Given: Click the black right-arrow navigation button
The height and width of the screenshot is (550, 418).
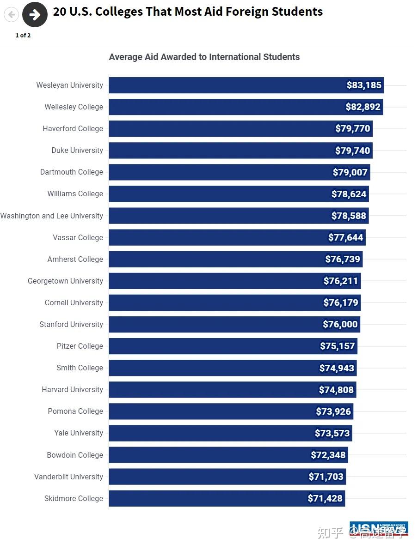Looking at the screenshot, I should (35, 14).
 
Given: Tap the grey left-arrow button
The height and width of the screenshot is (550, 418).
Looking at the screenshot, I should (11, 15).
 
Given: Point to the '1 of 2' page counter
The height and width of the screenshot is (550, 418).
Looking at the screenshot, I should (23, 36).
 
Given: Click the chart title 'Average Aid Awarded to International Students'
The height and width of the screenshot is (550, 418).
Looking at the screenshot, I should (204, 57).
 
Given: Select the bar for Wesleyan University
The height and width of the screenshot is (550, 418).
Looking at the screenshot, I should (227, 85).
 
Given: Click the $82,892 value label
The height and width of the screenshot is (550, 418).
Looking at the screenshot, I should (363, 107).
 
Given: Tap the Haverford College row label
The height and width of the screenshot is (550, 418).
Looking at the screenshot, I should (73, 128).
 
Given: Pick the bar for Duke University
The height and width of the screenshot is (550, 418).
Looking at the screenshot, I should (222, 151).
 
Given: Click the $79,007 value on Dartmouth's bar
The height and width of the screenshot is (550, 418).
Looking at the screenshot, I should (350, 172).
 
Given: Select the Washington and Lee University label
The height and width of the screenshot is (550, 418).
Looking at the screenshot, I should (52, 216).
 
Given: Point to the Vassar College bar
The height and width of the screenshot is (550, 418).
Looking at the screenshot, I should (217, 237).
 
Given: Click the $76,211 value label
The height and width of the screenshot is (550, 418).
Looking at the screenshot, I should (341, 281).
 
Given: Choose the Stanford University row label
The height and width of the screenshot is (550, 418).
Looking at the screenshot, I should (71, 324).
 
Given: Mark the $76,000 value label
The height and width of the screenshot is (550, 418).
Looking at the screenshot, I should (340, 324).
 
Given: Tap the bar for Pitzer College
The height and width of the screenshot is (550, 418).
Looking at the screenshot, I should (213, 346).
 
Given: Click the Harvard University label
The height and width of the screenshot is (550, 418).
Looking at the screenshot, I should (73, 389).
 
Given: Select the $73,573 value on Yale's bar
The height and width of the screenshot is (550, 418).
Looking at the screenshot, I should (332, 433).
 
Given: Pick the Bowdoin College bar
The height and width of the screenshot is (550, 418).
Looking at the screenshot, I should (208, 455).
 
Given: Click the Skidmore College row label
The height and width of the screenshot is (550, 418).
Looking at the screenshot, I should (74, 498).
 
